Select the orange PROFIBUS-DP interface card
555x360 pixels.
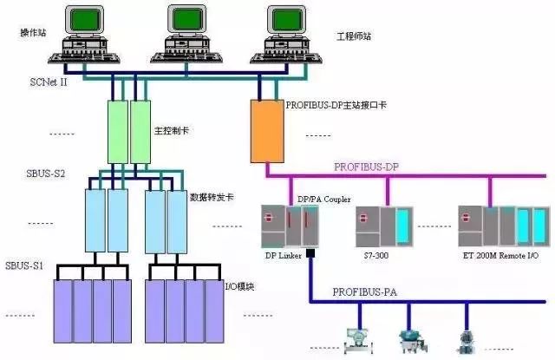pyautogui.click(x=265, y=131)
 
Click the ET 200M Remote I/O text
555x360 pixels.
pyautogui.click(x=504, y=257)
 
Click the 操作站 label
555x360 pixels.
pyautogui.click(x=32, y=33)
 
